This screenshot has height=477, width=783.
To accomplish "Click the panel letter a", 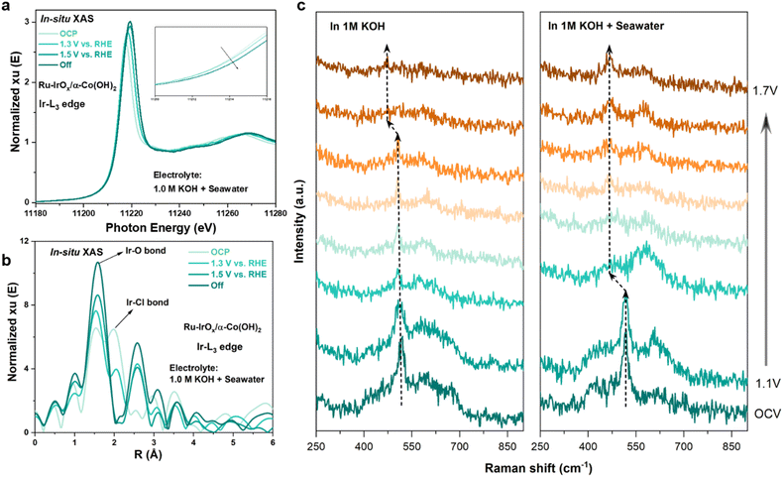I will [x=7, y=9].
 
